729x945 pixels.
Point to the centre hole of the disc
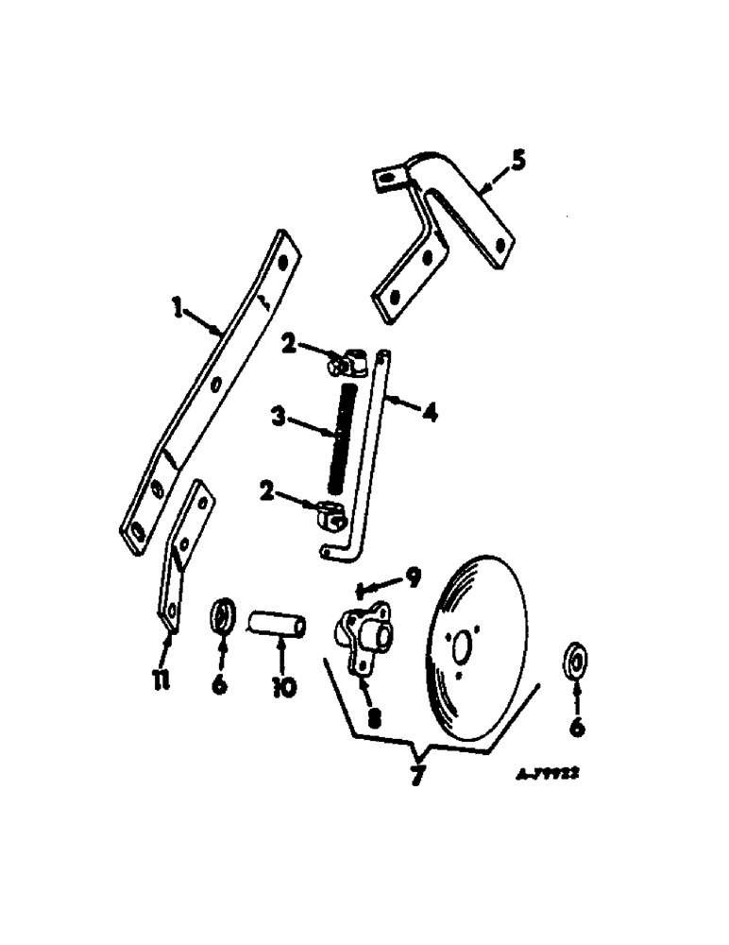point(462,649)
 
